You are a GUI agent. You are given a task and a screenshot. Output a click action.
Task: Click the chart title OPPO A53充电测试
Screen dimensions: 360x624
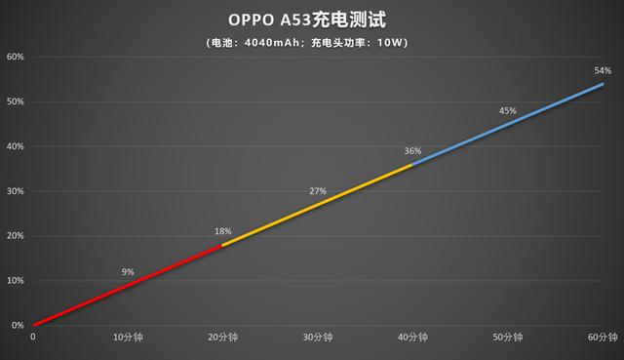tap(311, 20)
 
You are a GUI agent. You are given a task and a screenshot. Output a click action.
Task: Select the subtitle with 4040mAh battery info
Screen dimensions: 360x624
tap(311, 42)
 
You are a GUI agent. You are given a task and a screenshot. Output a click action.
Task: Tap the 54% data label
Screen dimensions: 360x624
tap(602, 70)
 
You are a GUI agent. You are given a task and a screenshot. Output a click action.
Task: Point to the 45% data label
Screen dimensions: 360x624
tap(507, 111)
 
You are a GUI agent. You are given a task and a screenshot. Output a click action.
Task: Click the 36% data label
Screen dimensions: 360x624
tap(412, 151)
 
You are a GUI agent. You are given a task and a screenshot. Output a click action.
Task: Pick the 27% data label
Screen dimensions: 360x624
tap(318, 191)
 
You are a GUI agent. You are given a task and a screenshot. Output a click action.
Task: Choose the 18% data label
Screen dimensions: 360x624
tap(223, 231)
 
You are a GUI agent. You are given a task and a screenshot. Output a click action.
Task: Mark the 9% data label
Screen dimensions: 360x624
tap(128, 272)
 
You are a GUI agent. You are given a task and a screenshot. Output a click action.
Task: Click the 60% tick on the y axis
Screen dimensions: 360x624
tap(15, 57)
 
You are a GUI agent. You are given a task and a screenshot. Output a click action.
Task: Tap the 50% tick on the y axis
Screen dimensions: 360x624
tap(15, 101)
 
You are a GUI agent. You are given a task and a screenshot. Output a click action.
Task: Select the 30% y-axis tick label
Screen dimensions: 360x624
tap(15, 191)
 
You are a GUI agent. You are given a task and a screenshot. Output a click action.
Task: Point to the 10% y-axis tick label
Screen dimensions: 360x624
tap(15, 281)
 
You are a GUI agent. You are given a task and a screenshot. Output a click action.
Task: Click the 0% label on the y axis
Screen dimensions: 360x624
tap(17, 326)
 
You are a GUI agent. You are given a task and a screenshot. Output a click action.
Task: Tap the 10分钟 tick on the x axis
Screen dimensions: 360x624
tap(128, 338)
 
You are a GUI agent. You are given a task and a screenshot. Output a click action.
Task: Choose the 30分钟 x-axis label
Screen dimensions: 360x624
tap(318, 338)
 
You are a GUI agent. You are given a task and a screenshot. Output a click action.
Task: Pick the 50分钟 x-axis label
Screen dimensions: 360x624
tap(507, 338)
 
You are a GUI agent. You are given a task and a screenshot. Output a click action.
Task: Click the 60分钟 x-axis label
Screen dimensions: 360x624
tap(602, 338)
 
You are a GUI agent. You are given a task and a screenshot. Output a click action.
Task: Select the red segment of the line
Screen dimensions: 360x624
tap(127, 285)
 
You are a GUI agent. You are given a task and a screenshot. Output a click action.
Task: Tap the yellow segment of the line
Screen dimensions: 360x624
tap(317, 204)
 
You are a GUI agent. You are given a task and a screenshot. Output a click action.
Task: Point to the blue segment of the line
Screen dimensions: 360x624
tap(507, 124)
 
